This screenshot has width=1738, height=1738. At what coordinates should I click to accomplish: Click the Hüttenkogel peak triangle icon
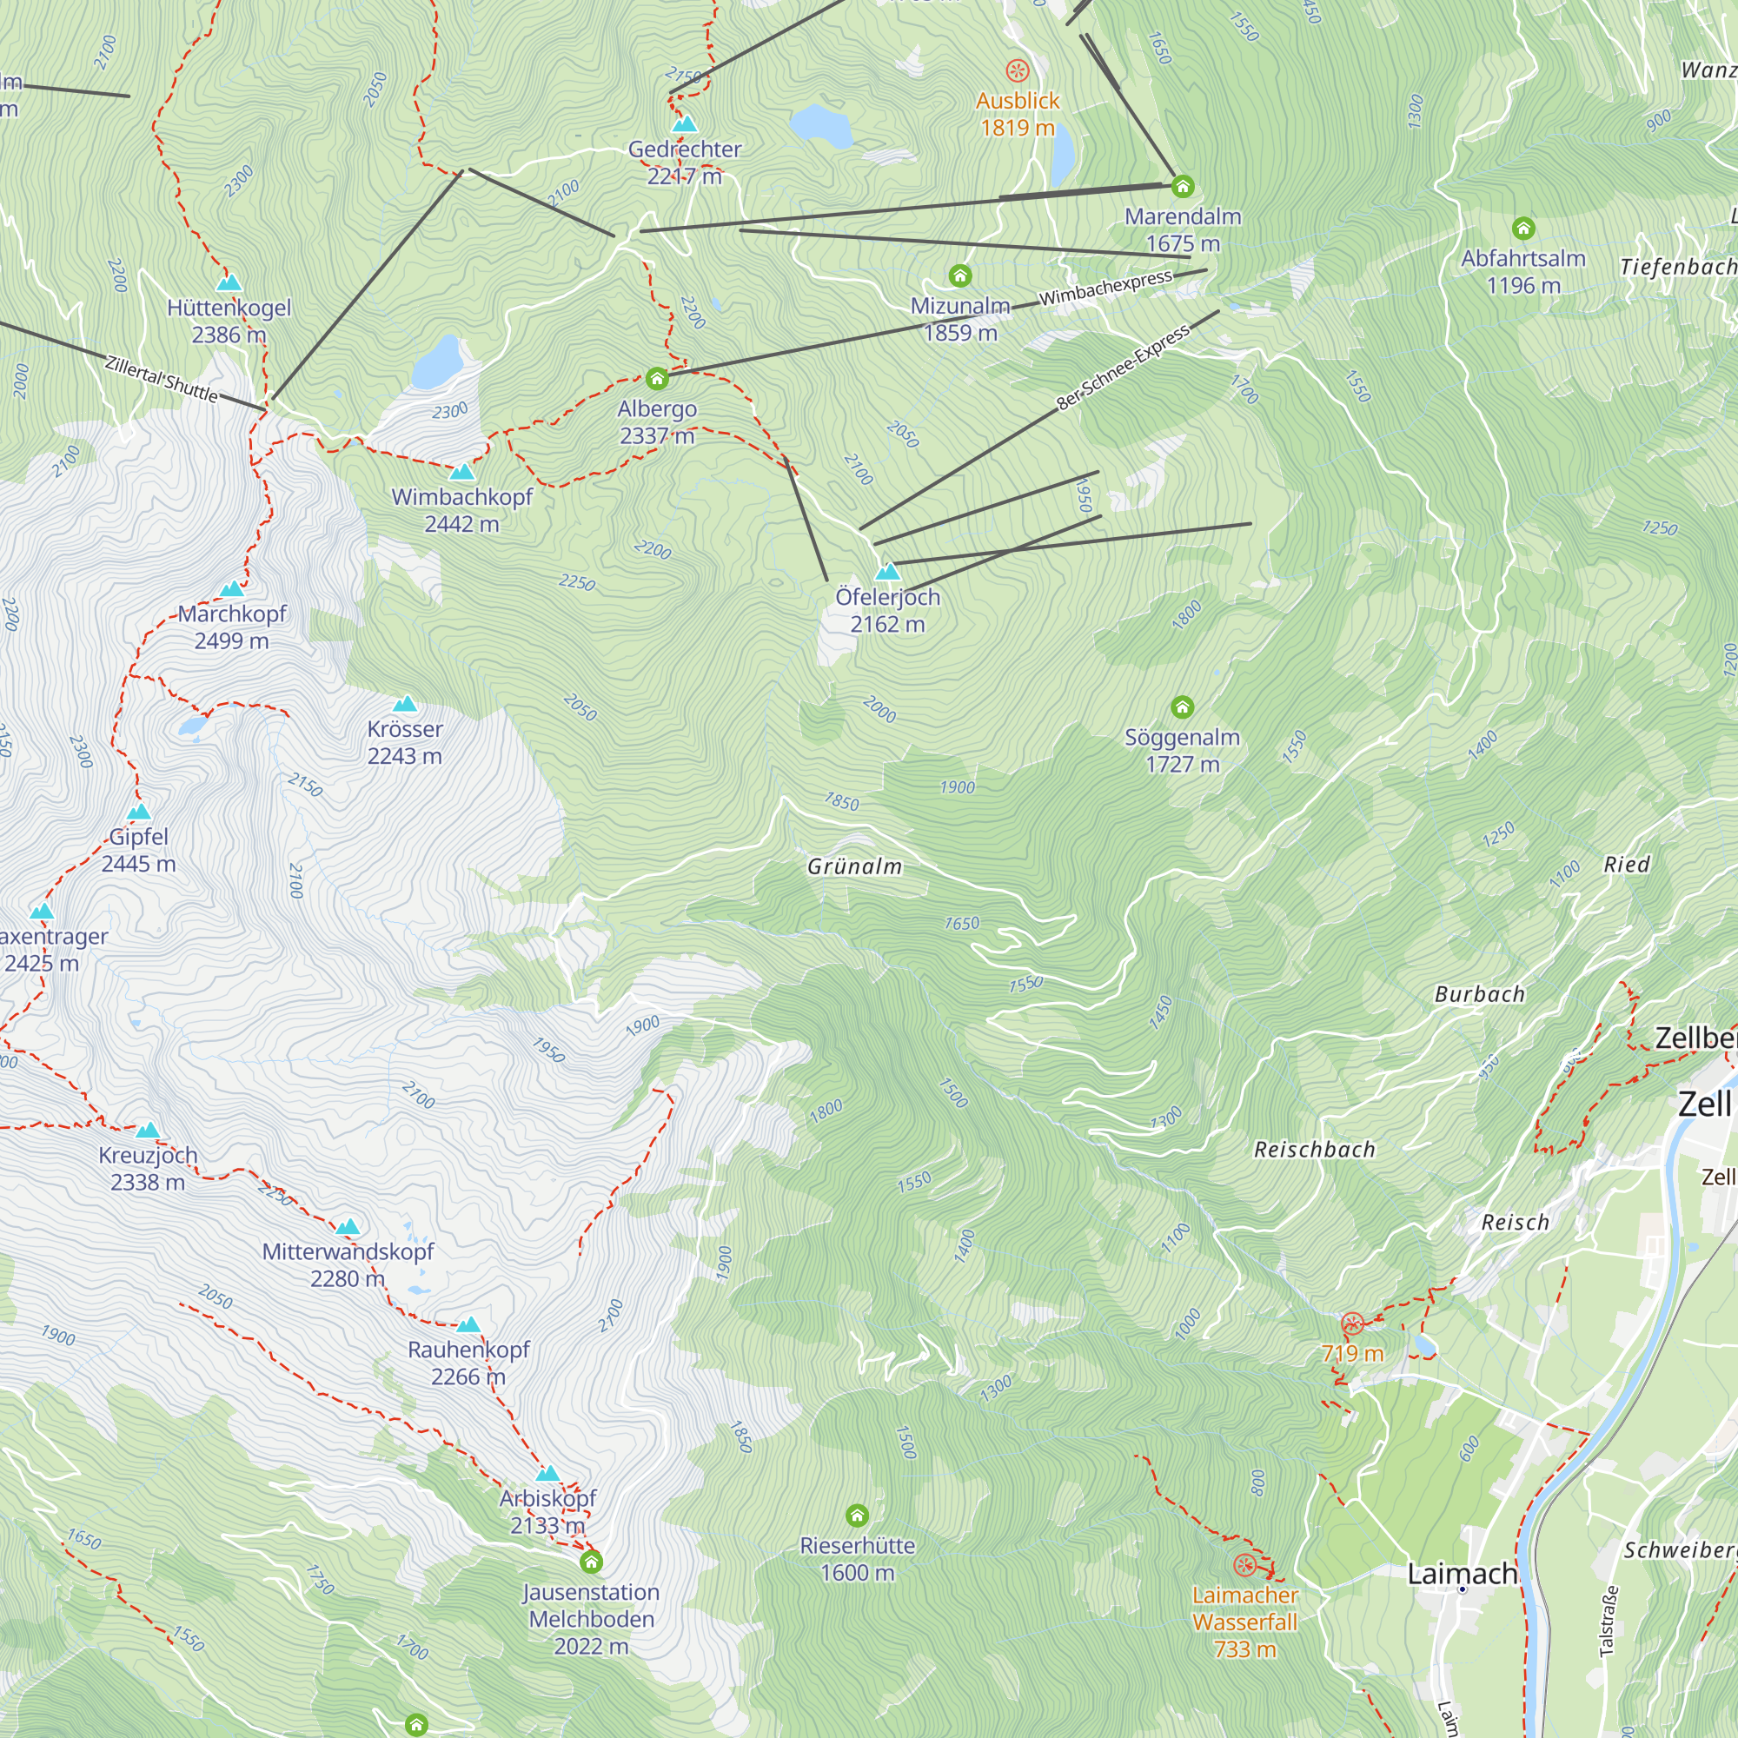(x=229, y=283)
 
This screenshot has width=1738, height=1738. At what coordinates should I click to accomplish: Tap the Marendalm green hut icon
(x=1182, y=186)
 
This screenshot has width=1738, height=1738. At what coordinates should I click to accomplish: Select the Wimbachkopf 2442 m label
(x=461, y=510)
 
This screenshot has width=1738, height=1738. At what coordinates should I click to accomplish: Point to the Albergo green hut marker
(x=657, y=379)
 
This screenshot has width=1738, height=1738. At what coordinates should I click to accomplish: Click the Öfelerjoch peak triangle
(x=888, y=572)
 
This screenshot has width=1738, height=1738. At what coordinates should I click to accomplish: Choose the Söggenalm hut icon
(x=1182, y=707)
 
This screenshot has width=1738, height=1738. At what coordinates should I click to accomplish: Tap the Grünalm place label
(x=854, y=866)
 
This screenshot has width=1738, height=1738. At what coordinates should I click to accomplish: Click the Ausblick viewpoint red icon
(x=1018, y=70)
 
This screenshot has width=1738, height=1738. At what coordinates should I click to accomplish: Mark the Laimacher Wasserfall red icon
(x=1244, y=1565)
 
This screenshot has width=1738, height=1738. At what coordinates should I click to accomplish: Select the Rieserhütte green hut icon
(x=858, y=1516)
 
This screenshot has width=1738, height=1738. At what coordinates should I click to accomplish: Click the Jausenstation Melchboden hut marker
(x=591, y=1562)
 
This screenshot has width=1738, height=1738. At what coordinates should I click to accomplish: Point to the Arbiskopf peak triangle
(x=547, y=1475)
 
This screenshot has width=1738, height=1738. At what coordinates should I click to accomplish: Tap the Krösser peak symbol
(x=405, y=705)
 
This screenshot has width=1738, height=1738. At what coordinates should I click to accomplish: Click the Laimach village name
(x=1461, y=1574)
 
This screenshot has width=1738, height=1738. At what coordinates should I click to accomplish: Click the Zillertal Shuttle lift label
(x=162, y=379)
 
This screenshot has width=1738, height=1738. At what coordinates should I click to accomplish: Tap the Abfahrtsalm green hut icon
(x=1523, y=229)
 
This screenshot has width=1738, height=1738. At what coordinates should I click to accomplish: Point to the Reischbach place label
(x=1314, y=1150)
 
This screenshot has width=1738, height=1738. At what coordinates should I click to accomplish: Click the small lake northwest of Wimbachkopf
(x=438, y=361)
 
